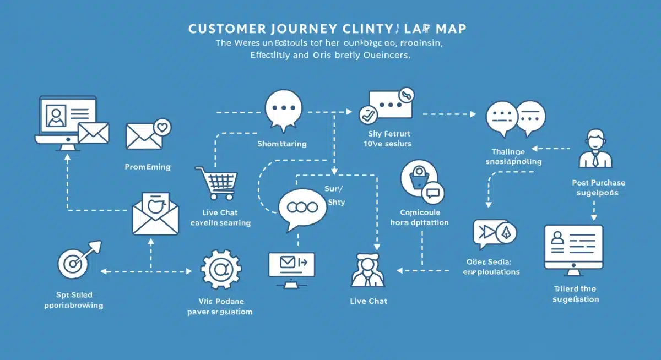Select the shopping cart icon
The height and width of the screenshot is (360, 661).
[216, 182]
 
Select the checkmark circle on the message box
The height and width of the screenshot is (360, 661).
[366, 115]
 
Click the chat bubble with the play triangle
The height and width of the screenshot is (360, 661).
[487, 233]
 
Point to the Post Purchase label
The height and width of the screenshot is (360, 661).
[599, 183]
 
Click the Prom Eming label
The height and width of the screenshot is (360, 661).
[148, 167]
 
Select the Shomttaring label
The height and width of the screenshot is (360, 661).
[282, 144]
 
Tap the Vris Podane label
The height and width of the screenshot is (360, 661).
[221, 302]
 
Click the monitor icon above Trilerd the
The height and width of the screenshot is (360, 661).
[573, 248]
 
